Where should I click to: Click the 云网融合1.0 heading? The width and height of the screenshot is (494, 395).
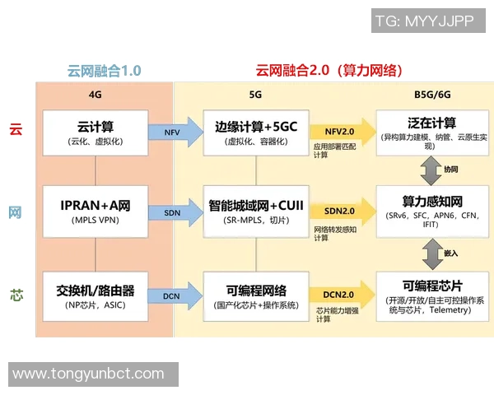(104, 71)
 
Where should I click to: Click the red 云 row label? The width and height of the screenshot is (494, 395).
(15, 129)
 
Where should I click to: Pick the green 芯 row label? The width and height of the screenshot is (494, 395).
(15, 294)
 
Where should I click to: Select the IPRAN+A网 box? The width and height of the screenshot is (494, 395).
(96, 211)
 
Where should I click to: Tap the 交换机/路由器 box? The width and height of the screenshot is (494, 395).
(96, 296)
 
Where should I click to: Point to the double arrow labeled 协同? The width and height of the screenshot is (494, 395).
(431, 170)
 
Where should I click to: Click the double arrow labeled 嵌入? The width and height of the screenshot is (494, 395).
(431, 253)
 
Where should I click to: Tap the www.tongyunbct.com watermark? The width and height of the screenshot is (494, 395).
(87, 374)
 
